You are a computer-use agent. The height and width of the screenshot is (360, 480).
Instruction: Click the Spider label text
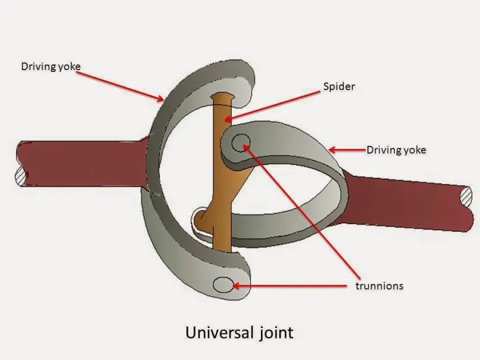pyautogui.click(x=339, y=86)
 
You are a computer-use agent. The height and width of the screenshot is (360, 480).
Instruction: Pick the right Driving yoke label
pyautogui.click(x=396, y=150)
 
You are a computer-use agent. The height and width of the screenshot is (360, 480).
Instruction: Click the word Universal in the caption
pyautogui.click(x=216, y=333)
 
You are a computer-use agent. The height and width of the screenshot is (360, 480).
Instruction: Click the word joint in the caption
pyautogui.click(x=274, y=333)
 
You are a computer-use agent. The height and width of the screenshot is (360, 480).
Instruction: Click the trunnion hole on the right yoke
pyautogui.click(x=242, y=144)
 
